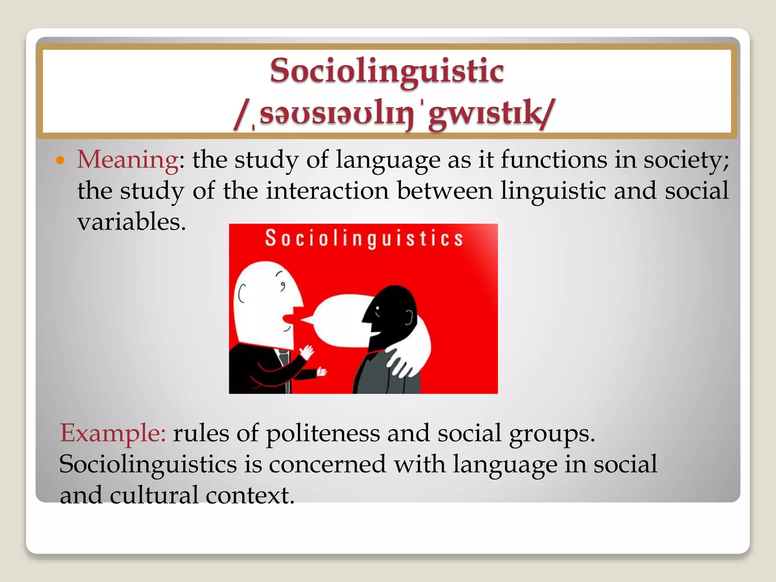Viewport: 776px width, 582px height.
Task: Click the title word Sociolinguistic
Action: [x=387, y=71]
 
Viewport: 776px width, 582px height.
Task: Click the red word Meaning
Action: [x=128, y=160]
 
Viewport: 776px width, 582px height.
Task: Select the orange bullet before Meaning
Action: [x=60, y=160]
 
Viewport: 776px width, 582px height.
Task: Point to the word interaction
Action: [x=327, y=191]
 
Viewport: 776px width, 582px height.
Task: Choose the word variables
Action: [x=131, y=222]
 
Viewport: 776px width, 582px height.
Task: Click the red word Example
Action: [x=113, y=433]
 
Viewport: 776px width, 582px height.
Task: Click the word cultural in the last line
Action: [x=154, y=495]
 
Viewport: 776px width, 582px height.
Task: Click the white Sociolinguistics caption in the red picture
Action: [x=364, y=239]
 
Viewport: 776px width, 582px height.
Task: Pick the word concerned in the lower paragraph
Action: [x=327, y=464]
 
